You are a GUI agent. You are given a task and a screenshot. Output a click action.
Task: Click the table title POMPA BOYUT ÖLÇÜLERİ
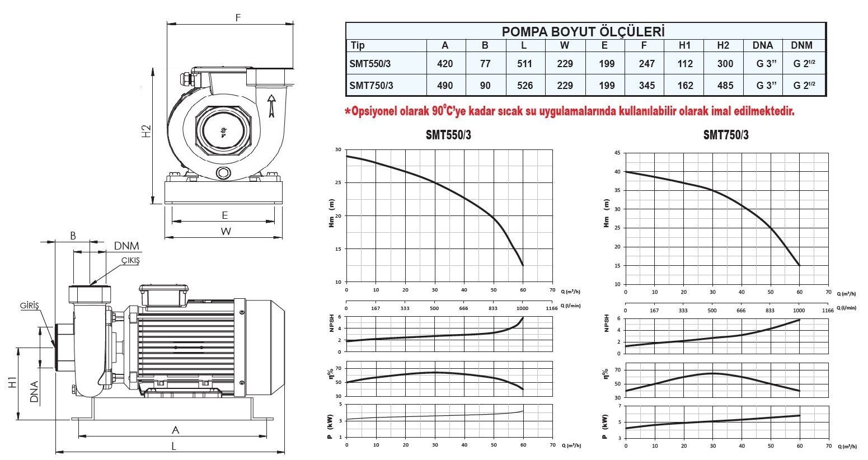point(584,31)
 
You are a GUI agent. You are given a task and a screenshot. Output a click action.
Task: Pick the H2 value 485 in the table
point(725,86)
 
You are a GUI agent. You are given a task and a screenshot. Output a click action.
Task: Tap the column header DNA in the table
point(763,45)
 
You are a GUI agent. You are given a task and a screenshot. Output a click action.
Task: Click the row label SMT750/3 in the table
point(371,86)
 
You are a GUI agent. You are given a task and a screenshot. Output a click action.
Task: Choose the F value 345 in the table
point(646,86)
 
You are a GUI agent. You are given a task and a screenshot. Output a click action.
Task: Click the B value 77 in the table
point(485,64)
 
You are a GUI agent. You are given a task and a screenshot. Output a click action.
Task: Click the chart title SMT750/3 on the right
point(725,135)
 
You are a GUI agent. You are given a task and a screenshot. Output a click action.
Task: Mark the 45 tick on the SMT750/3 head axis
point(617,153)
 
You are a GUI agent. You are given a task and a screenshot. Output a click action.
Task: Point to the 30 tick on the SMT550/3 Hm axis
point(337,150)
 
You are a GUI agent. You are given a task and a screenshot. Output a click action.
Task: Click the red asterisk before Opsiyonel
point(348,111)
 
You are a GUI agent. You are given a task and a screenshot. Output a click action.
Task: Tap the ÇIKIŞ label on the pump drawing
point(130,261)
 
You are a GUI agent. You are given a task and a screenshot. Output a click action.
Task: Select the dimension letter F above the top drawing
point(238,17)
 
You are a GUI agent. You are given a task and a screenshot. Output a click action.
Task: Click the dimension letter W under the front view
point(226,231)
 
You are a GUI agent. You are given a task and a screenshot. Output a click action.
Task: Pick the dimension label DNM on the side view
point(126,246)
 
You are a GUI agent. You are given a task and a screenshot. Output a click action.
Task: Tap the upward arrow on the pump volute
point(272,105)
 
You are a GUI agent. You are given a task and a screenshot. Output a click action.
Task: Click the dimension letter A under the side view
point(175,430)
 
